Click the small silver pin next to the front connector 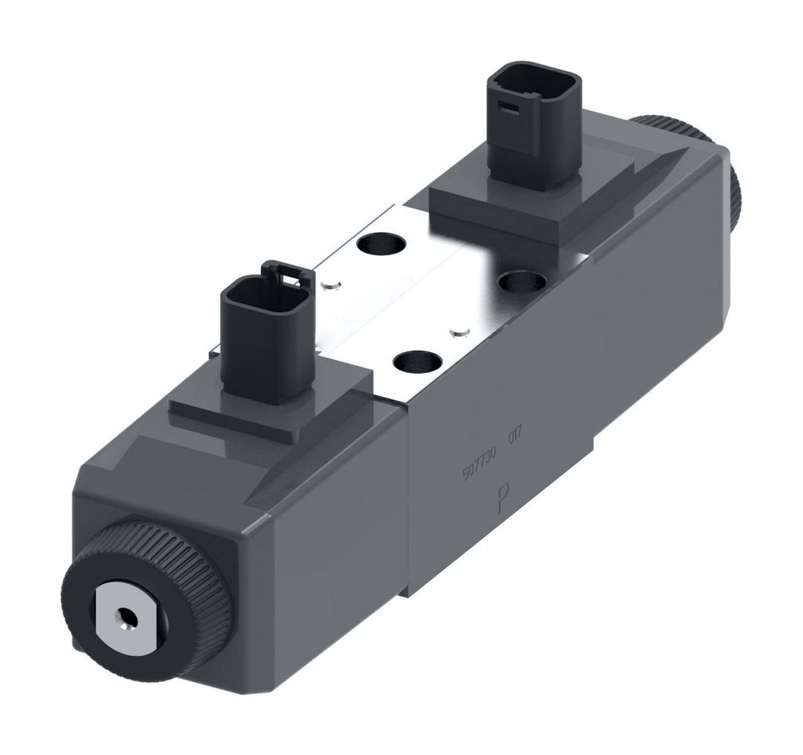[x=330, y=283]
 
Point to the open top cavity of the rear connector [x=532, y=80]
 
